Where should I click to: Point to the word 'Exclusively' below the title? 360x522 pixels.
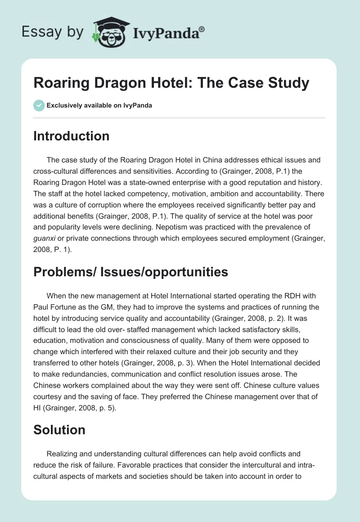64,105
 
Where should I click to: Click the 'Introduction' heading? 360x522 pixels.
71,136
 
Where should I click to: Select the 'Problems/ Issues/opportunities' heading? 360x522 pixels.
130,271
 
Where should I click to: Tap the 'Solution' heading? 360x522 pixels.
59,430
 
